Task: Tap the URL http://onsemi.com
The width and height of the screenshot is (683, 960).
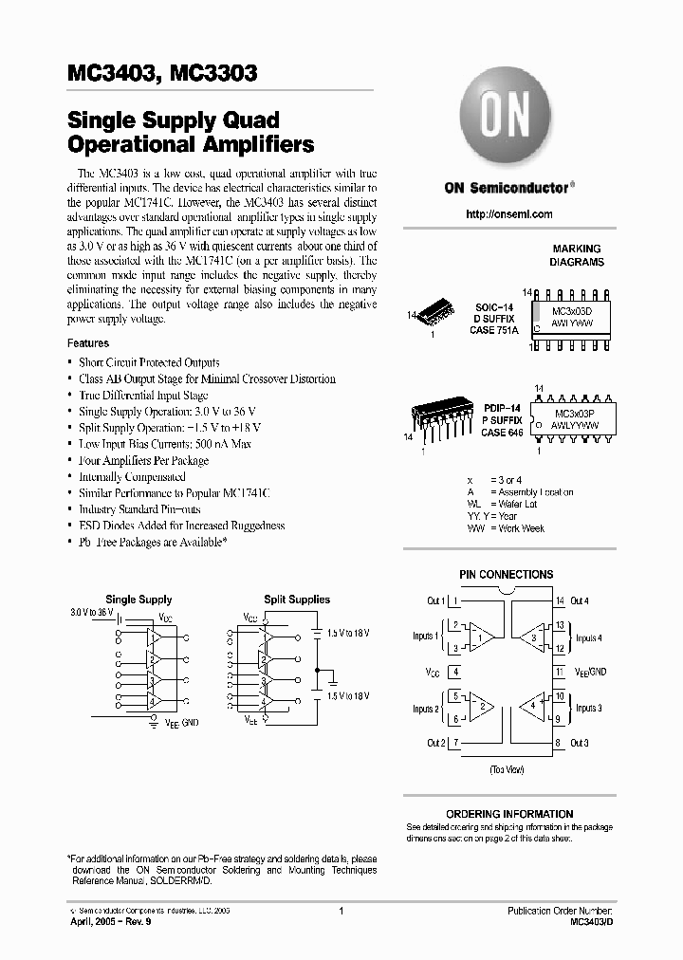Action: pyautogui.click(x=509, y=214)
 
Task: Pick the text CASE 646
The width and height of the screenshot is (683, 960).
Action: pyautogui.click(x=502, y=433)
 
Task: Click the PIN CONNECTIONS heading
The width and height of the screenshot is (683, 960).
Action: pyautogui.click(x=506, y=574)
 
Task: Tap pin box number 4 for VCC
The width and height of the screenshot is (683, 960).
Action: pyautogui.click(x=456, y=672)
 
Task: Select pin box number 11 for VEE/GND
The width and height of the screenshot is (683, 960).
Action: pyautogui.click(x=559, y=672)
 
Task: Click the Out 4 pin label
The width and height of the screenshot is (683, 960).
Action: pyautogui.click(x=580, y=600)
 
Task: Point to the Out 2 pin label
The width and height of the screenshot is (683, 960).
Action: pyautogui.click(x=435, y=743)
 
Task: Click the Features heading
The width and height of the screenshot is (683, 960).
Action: pyautogui.click(x=87, y=343)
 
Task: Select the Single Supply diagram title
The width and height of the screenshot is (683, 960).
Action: pyautogui.click(x=138, y=600)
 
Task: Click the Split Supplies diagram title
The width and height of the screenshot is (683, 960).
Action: pyautogui.click(x=297, y=600)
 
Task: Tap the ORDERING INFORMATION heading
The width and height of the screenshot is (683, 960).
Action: pyautogui.click(x=509, y=814)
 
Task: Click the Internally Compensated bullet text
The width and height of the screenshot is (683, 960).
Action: pyautogui.click(x=132, y=477)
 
